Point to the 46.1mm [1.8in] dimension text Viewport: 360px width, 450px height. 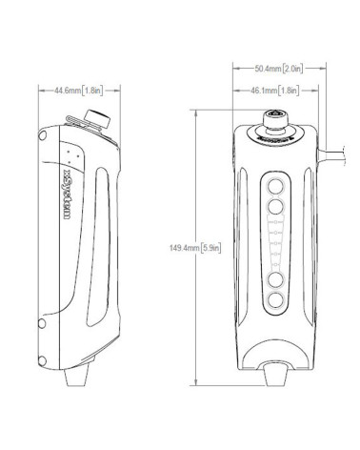277,91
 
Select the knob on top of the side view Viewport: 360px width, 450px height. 93,119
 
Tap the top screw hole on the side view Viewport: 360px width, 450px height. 41,139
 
